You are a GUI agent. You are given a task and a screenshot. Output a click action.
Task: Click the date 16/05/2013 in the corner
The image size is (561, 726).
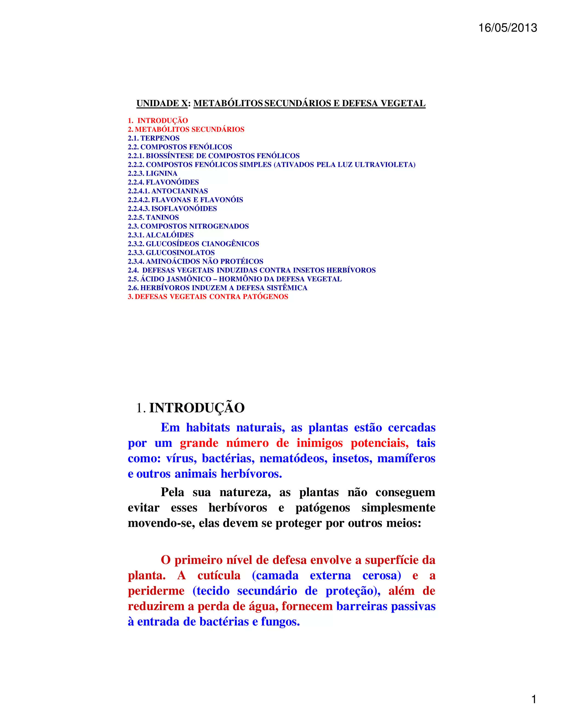[508, 28]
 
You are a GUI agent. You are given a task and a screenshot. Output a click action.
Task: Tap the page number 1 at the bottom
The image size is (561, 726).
[534, 699]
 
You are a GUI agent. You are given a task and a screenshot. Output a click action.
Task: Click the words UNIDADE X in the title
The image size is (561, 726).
[162, 103]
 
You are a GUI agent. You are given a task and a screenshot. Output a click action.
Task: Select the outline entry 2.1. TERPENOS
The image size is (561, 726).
[154, 138]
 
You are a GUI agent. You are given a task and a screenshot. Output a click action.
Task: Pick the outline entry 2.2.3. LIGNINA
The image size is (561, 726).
[153, 173]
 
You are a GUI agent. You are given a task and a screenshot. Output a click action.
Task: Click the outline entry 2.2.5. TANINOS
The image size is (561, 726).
[153, 218]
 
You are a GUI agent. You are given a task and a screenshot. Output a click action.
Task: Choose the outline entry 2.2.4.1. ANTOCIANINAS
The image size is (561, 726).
[168, 191]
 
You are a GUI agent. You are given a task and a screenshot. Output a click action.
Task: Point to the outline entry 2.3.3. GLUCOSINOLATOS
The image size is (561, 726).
[171, 253]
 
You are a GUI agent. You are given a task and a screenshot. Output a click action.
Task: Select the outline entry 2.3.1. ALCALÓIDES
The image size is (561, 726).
[161, 235]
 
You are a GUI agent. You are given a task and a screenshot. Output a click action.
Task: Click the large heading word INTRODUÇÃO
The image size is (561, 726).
[197, 408]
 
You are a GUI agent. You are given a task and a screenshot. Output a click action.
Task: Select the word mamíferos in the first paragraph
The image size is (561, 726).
[406, 458]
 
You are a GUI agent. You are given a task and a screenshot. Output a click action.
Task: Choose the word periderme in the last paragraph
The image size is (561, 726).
[156, 591]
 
